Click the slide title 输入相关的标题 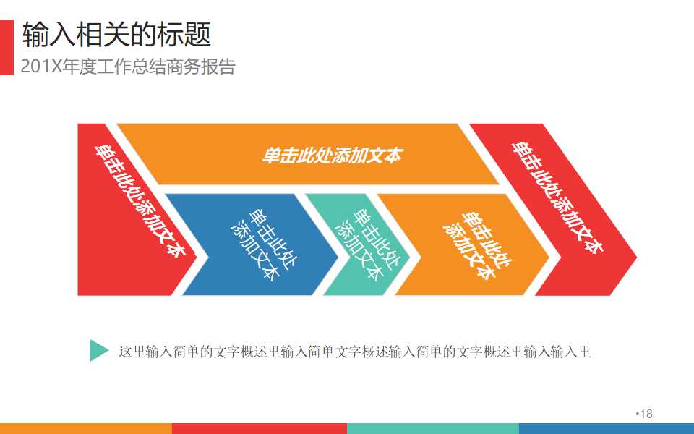[116, 34]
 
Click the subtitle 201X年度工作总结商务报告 [128, 67]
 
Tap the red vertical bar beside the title [7, 47]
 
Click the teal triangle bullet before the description [99, 351]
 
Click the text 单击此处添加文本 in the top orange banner [331, 156]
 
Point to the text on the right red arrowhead [557, 195]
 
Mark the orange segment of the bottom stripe [86, 428]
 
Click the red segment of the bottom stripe [260, 428]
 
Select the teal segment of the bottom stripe [433, 428]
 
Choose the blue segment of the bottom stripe [607, 428]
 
